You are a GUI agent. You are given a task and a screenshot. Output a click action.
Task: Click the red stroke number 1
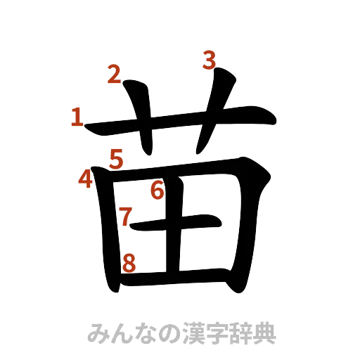tap(76, 117)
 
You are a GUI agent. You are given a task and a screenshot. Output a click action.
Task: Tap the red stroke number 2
tap(115, 73)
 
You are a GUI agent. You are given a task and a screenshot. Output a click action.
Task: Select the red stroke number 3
tap(209, 60)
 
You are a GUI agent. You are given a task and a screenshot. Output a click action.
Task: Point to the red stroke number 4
tap(86, 180)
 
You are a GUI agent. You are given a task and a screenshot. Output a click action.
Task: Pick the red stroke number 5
tap(116, 160)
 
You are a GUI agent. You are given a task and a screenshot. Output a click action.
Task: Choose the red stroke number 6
tap(157, 189)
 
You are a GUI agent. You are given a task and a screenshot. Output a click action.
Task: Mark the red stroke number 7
tap(125, 217)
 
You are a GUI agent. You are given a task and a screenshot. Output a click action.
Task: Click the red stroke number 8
tap(129, 263)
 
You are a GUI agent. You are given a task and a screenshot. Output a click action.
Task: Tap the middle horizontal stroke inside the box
tap(183, 224)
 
